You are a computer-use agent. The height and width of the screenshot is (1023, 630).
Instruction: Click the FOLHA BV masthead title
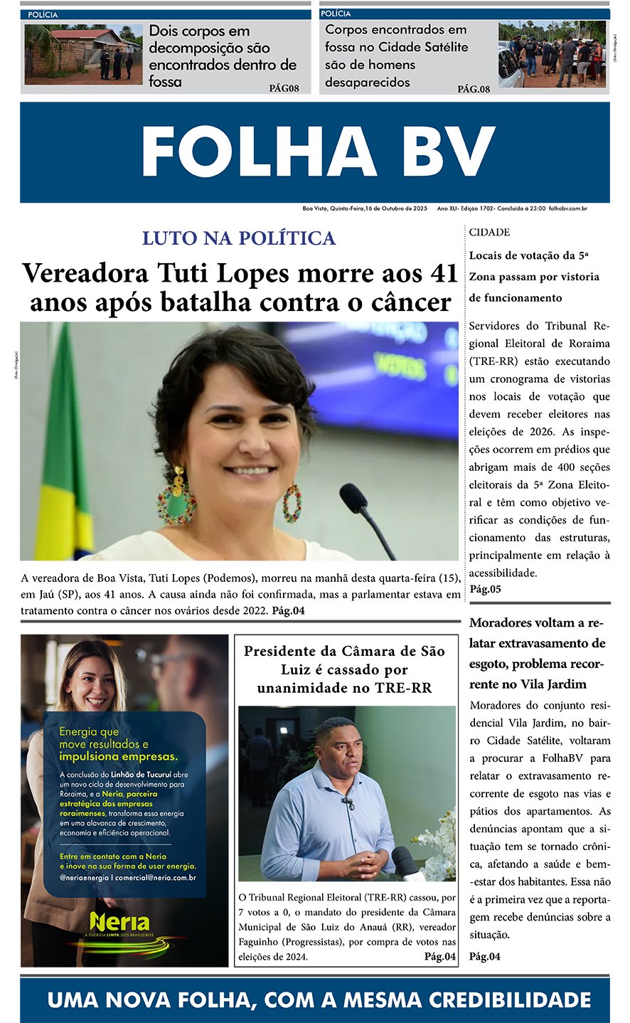click(x=318, y=152)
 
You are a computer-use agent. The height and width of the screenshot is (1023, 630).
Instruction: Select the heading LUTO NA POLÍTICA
click(x=239, y=238)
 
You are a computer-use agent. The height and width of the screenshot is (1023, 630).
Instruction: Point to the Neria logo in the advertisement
click(x=119, y=923)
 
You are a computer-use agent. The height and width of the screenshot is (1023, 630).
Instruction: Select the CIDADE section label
click(x=489, y=232)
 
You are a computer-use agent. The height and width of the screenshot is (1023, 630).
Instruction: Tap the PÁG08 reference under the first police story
click(x=284, y=88)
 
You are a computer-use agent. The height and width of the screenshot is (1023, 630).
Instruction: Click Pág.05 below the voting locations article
click(x=486, y=589)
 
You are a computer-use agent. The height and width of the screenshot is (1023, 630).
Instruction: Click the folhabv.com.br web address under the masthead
click(x=568, y=208)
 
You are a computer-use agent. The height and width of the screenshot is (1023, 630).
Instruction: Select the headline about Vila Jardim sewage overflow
click(x=538, y=653)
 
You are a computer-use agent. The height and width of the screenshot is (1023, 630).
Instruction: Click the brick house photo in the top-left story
click(x=83, y=54)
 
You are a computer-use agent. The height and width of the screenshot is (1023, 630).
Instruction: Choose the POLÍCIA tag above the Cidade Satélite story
click(x=336, y=14)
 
